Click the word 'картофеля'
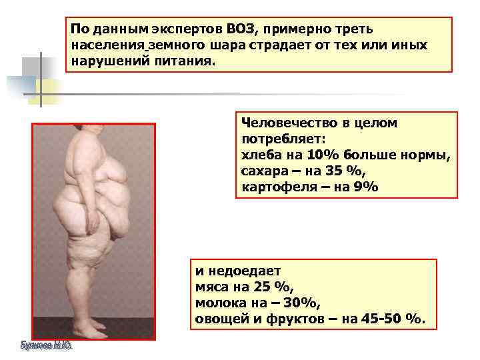click(275, 187)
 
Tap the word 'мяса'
click(211, 287)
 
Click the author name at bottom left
click(45, 346)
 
